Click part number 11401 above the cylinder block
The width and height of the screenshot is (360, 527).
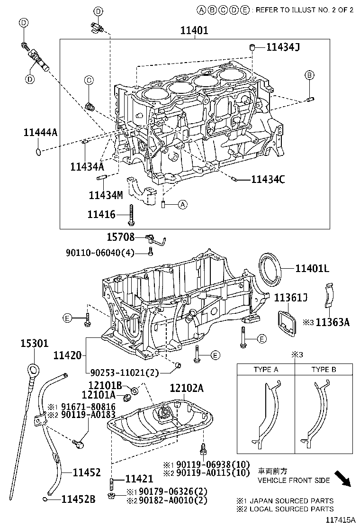pos(194,30)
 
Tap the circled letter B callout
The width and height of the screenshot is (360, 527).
pos(309,75)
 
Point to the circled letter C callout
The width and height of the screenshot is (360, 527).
pos(88,81)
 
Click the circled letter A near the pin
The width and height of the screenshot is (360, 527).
pos(183,205)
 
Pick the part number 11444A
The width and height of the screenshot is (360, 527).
pos(40,133)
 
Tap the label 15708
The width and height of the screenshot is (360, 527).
pos(120,237)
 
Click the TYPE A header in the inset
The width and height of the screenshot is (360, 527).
pos(266,370)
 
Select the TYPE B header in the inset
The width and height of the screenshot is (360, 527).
pos(324,370)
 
